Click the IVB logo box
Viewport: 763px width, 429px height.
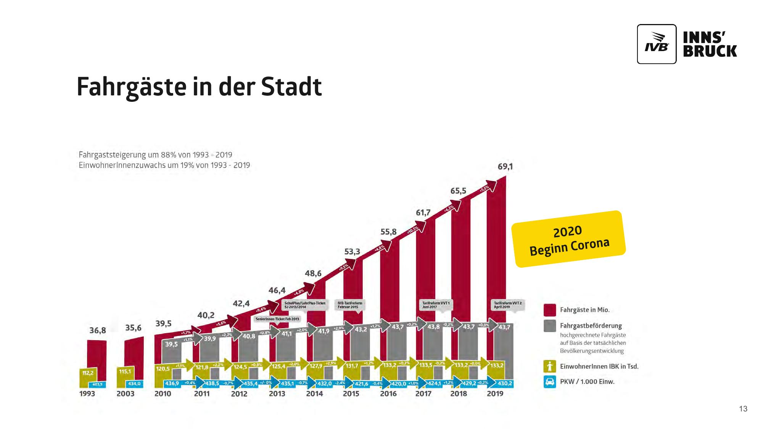(657, 44)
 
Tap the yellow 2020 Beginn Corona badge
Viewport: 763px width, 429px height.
(568, 239)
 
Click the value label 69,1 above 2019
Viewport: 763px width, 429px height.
(505, 167)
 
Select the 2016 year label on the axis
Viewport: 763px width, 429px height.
(388, 394)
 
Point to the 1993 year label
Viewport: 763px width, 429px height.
(87, 394)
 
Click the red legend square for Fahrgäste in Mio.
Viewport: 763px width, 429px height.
(550, 310)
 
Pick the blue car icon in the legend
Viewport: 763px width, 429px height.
(550, 382)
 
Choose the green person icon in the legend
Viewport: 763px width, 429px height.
(550, 366)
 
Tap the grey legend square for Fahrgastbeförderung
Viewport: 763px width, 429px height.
(550, 326)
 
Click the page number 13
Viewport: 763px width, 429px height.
(743, 409)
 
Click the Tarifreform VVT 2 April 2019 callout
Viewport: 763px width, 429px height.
(507, 305)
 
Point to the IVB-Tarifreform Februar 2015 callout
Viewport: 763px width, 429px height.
(350, 305)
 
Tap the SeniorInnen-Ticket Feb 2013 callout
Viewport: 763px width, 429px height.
(277, 319)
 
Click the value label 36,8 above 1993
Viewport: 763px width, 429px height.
(98, 330)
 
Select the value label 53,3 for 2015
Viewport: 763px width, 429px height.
(352, 252)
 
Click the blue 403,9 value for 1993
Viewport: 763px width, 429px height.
(97, 384)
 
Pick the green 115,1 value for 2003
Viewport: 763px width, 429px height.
(125, 371)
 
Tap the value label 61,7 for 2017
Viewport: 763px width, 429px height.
(423, 213)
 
